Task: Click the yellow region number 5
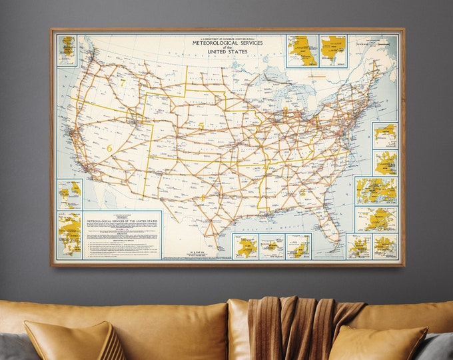[x=201, y=125]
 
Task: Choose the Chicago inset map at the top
[x=302, y=51]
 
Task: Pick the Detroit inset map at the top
[x=332, y=51]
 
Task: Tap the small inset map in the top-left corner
[x=67, y=50]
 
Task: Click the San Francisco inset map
[x=69, y=195]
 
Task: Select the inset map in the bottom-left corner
[x=69, y=235]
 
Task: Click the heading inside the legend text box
[x=122, y=221]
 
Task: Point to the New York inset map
[x=376, y=191]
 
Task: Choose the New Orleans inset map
[x=245, y=247]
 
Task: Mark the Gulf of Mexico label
[x=266, y=226]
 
